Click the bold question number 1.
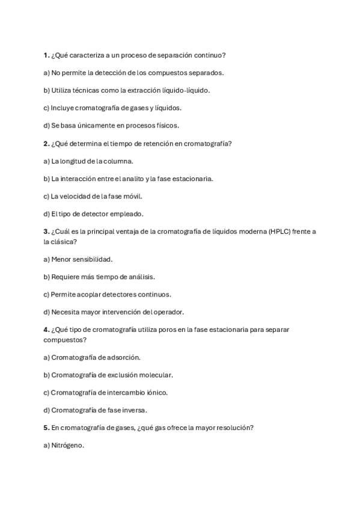[46, 55]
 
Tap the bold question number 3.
[46, 231]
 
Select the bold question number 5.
[46, 428]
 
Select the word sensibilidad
[91, 259]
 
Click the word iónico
[157, 392]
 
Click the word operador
[166, 312]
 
